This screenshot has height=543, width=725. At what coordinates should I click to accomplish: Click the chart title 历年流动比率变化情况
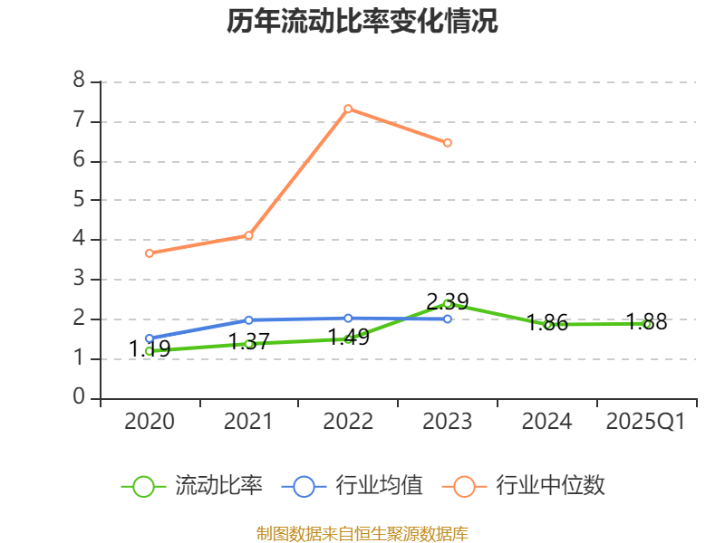362,22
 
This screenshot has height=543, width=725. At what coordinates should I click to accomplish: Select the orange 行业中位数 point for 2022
348,109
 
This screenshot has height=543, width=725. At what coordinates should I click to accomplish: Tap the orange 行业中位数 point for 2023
448,143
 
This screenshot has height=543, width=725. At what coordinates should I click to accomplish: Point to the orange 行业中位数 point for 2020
149,253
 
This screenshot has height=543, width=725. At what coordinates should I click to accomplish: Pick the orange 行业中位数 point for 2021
248,235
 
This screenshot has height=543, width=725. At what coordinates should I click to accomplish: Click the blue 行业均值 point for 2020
149,338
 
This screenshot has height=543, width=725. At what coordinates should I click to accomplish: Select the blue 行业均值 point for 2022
348,318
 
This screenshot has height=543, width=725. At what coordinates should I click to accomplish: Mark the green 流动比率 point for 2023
448,303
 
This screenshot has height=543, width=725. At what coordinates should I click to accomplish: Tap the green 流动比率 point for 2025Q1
647,324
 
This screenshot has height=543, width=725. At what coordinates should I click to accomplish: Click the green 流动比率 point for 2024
547,325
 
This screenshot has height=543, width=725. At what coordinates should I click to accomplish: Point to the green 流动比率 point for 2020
149,351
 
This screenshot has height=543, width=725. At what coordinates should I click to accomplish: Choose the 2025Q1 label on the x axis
646,422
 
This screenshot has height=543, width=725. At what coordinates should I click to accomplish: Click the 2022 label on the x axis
348,422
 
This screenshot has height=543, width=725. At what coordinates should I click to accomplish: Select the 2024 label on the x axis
547,422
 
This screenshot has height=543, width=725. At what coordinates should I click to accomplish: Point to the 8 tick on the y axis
79,81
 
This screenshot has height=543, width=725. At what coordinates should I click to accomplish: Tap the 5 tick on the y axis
79,200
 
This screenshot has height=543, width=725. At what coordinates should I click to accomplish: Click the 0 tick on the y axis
79,398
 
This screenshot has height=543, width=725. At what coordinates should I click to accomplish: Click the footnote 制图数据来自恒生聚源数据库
362,533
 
